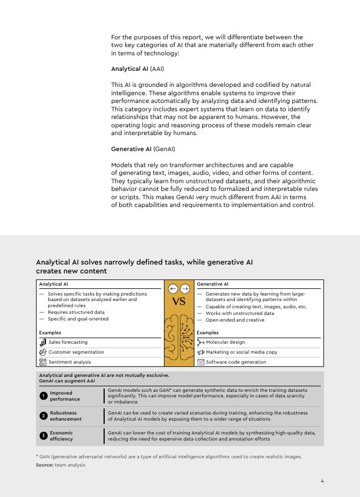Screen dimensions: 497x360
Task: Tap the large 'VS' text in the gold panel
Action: pos(179,302)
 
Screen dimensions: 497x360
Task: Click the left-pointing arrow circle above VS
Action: pos(173,288)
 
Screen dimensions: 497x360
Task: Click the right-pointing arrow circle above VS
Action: pos(185,288)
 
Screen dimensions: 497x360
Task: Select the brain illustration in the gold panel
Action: pos(179,338)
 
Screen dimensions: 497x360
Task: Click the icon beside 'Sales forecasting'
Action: pos(43,343)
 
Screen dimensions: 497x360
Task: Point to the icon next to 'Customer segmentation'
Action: pos(43,352)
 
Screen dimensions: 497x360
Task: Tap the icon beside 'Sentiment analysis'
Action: pos(43,362)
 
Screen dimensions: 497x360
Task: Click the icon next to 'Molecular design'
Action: pos(200,343)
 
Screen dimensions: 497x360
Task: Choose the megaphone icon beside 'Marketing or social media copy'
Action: pos(200,352)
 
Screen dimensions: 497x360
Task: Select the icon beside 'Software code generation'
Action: pos(200,362)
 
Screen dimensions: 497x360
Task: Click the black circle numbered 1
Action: pos(43,396)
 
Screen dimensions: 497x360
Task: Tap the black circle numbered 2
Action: pos(43,416)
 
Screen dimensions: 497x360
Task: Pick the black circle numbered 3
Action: pos(43,436)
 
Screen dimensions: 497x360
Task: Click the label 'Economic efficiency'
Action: pos(61,436)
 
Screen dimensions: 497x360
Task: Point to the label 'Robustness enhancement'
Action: pos(65,416)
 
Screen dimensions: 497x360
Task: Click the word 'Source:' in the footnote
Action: pos(44,465)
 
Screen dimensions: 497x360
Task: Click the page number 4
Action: pos(322,481)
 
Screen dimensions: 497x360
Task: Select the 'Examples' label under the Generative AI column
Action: pos(208,333)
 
